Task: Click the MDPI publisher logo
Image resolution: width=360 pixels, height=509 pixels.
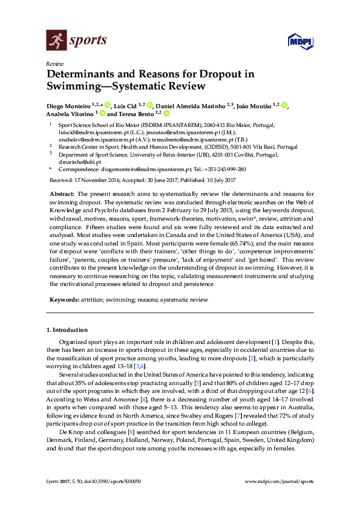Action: coord(300,42)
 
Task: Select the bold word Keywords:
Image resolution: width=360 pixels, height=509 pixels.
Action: coord(64,299)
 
